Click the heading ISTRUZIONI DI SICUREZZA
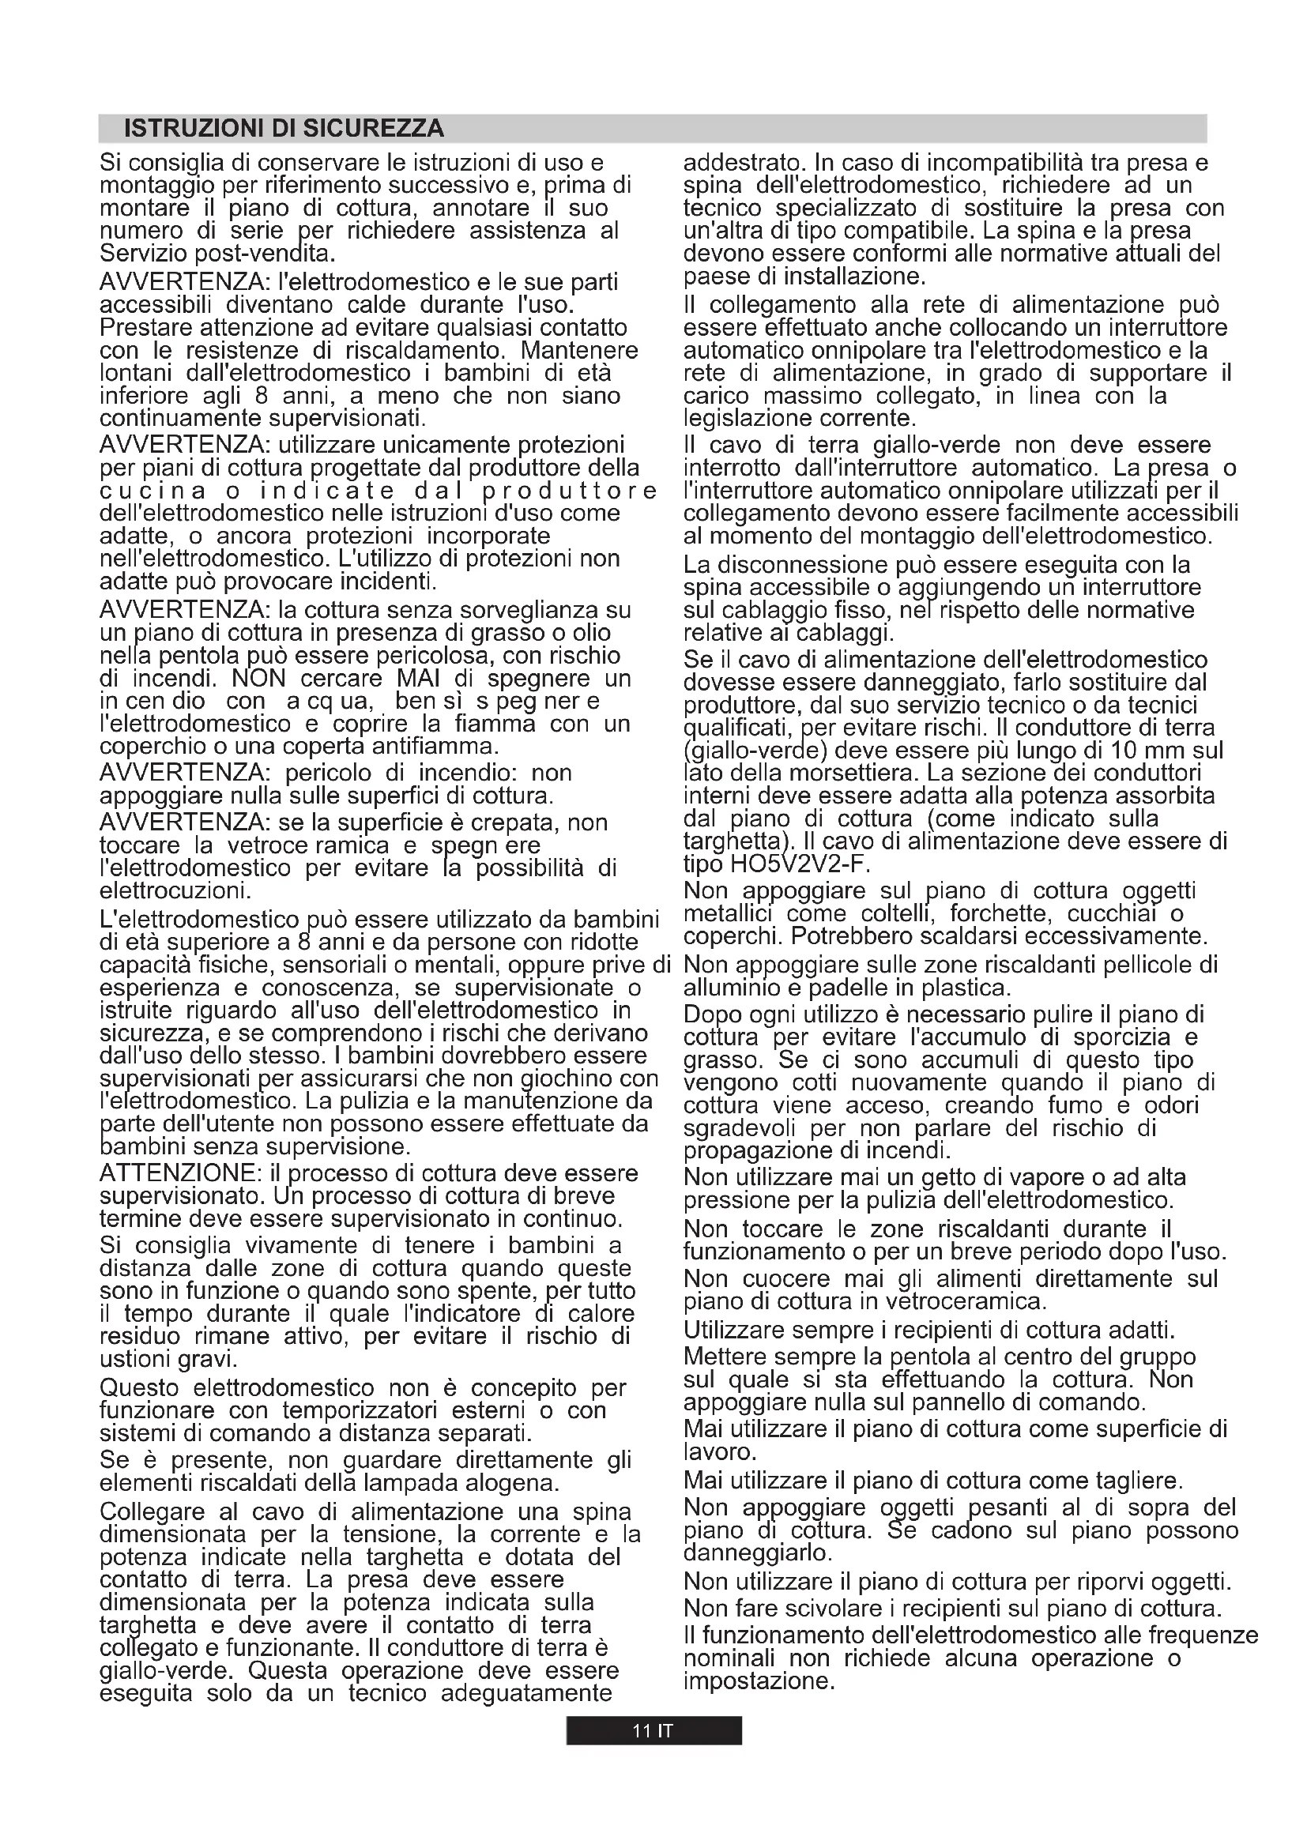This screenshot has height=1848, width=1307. coord(284,129)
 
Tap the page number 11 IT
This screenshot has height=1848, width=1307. coord(653,1730)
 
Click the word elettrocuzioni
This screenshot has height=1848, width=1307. coord(175,891)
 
